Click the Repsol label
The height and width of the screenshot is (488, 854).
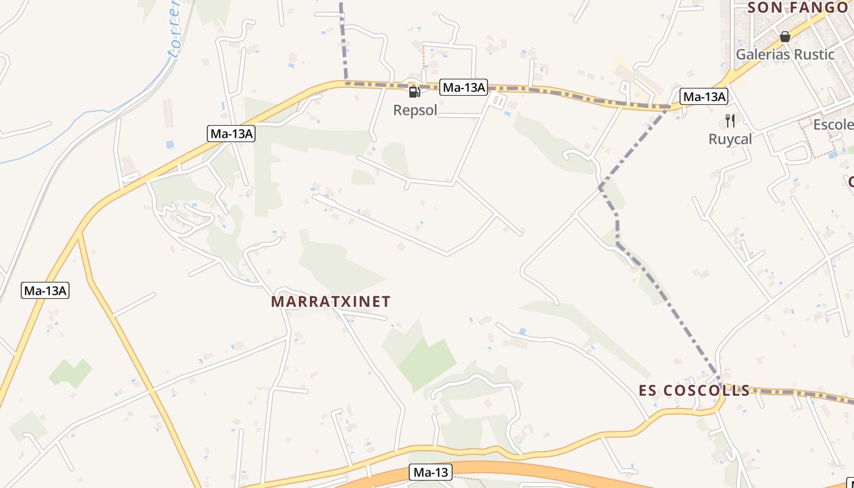(x=415, y=110)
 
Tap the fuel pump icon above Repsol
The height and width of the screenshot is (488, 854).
(x=414, y=92)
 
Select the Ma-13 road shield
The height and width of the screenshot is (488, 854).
(x=430, y=472)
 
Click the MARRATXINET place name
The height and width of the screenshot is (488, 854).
(x=331, y=301)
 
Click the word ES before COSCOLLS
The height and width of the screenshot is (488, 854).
(x=649, y=390)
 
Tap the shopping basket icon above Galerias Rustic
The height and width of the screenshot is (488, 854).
(x=785, y=37)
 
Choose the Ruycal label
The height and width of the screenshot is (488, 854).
(x=730, y=139)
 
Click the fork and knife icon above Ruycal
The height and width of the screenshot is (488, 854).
(x=730, y=121)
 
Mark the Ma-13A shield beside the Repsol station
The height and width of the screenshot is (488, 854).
(x=464, y=88)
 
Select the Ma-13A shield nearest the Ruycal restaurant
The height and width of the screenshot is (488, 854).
(x=704, y=96)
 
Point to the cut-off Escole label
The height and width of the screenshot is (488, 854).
(x=833, y=125)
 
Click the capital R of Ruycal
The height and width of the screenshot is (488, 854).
(x=713, y=139)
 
